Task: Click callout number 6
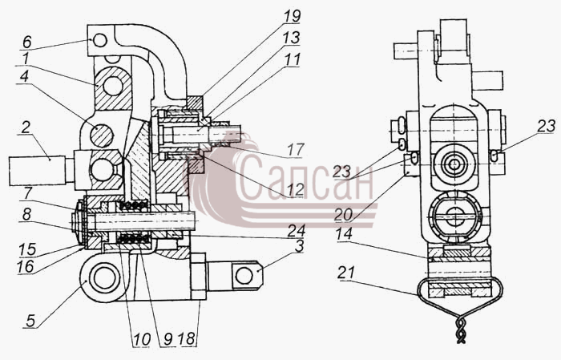pyautogui.click(x=27, y=42)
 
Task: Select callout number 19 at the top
pyautogui.click(x=293, y=16)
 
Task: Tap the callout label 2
pyautogui.click(x=25, y=127)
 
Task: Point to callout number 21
pyautogui.click(x=346, y=273)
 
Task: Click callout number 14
pyautogui.click(x=344, y=234)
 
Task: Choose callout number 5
pyautogui.click(x=30, y=321)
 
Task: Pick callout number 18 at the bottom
pyautogui.click(x=187, y=339)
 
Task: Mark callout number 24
pyautogui.click(x=297, y=230)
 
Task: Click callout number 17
pyautogui.click(x=296, y=149)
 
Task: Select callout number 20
pyautogui.click(x=344, y=215)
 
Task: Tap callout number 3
pyautogui.click(x=299, y=247)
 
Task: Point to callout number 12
pyautogui.click(x=296, y=190)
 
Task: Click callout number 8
pyautogui.click(x=26, y=215)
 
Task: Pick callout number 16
pyautogui.click(x=26, y=267)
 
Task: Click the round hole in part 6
pyautogui.click(x=100, y=40)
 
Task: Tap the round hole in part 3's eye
pyautogui.click(x=244, y=276)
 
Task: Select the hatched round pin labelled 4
pyautogui.click(x=102, y=136)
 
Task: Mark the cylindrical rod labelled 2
pyautogui.click(x=38, y=170)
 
